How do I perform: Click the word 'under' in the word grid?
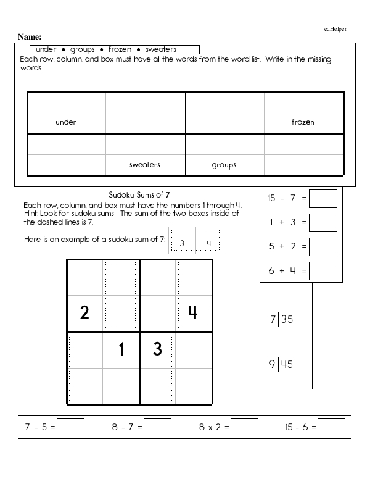pyautogui.click(x=66, y=122)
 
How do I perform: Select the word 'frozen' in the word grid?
pyautogui.click(x=303, y=122)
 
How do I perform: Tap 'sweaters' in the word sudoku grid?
pyautogui.click(x=145, y=165)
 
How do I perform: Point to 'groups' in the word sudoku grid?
pyautogui.click(x=224, y=165)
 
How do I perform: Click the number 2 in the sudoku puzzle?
pyautogui.click(x=84, y=313)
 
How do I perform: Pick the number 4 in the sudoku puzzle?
pyautogui.click(x=192, y=313)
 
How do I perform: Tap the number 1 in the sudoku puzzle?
pyautogui.click(x=121, y=350)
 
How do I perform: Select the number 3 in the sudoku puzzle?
pyautogui.click(x=157, y=350)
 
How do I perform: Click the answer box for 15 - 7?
pyautogui.click(x=323, y=199)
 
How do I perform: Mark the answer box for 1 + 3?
pyautogui.click(x=323, y=223)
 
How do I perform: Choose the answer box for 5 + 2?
pyautogui.click(x=323, y=246)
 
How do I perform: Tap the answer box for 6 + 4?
pyautogui.click(x=323, y=270)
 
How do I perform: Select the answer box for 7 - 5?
pyautogui.click(x=70, y=427)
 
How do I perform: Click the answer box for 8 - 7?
pyautogui.click(x=157, y=427)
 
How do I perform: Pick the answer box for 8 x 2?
pyautogui.click(x=244, y=427)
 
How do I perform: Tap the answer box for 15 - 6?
pyautogui.click(x=332, y=427)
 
